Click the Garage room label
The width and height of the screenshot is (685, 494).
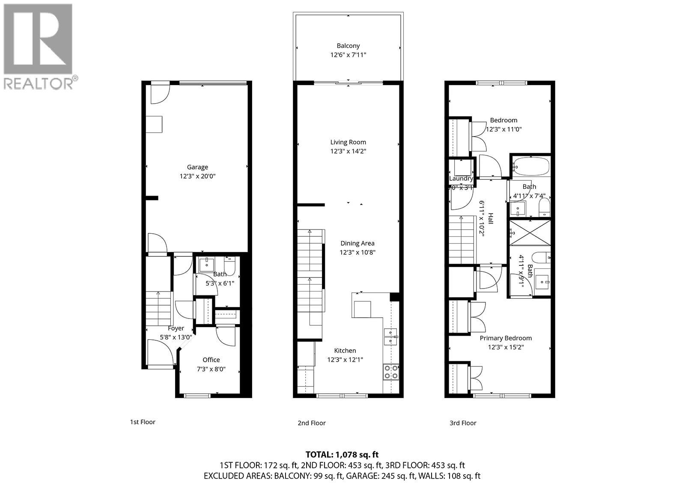[x=197, y=167]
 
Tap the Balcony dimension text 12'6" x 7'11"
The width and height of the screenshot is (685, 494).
[x=348, y=55]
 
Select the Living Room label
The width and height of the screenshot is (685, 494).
[x=348, y=142]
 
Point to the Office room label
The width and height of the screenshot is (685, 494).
[x=211, y=360]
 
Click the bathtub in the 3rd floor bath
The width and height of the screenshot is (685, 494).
[x=531, y=166]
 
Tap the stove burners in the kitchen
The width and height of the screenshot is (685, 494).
[x=390, y=372]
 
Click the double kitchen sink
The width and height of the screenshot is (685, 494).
[x=390, y=336]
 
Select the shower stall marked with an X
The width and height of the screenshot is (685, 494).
[x=530, y=233]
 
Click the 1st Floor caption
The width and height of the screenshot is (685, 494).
[x=143, y=422]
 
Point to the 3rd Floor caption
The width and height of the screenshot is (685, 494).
[x=463, y=423]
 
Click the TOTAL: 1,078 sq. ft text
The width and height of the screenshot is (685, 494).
[x=342, y=455]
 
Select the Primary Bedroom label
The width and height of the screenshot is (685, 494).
[x=506, y=338]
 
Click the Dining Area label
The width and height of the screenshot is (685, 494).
[x=357, y=243]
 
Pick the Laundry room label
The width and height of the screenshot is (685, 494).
[x=461, y=179]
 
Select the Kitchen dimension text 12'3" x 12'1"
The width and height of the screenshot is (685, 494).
[x=345, y=360]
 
